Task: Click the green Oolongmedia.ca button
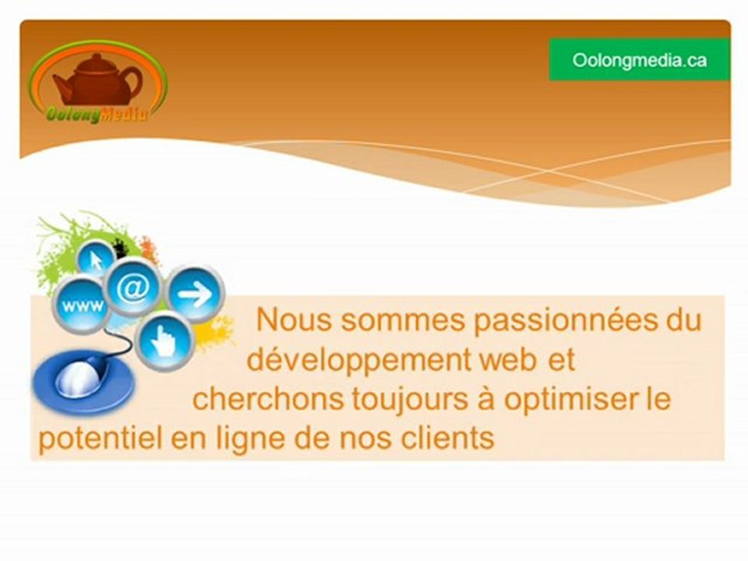639,60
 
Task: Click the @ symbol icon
133,288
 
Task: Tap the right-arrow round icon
194,295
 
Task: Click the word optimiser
570,400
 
